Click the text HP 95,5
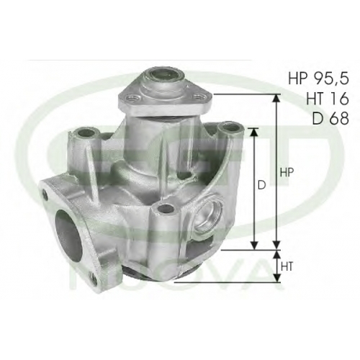point(318,78)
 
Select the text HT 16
point(327,98)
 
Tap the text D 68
point(330,118)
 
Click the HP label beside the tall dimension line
point(287,173)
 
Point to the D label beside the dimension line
point(262,185)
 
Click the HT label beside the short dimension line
point(287,266)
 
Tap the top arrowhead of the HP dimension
point(276,99)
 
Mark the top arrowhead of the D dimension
point(254,132)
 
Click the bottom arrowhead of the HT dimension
point(276,277)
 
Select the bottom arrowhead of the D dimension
point(254,245)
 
